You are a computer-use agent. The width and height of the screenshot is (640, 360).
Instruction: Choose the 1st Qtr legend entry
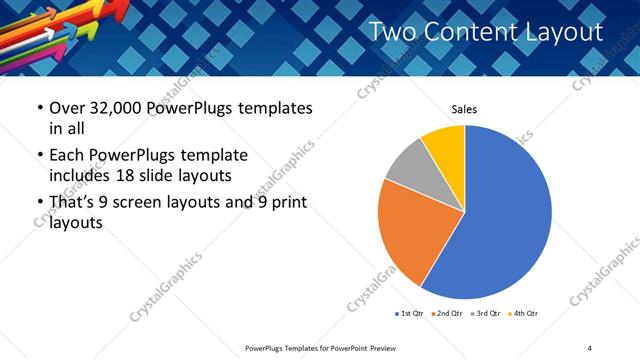[411, 314]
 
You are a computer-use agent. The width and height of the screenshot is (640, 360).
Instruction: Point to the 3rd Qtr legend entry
[484, 314]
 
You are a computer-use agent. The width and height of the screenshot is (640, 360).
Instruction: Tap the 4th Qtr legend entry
[523, 314]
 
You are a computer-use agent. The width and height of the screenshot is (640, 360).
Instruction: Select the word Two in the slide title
[393, 32]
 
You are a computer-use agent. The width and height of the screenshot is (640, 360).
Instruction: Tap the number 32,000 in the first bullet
[116, 108]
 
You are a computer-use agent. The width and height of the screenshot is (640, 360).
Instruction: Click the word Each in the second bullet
[66, 156]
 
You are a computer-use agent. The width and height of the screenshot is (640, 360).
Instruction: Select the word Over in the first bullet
[68, 108]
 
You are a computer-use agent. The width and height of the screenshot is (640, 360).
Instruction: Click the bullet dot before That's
[39, 203]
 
